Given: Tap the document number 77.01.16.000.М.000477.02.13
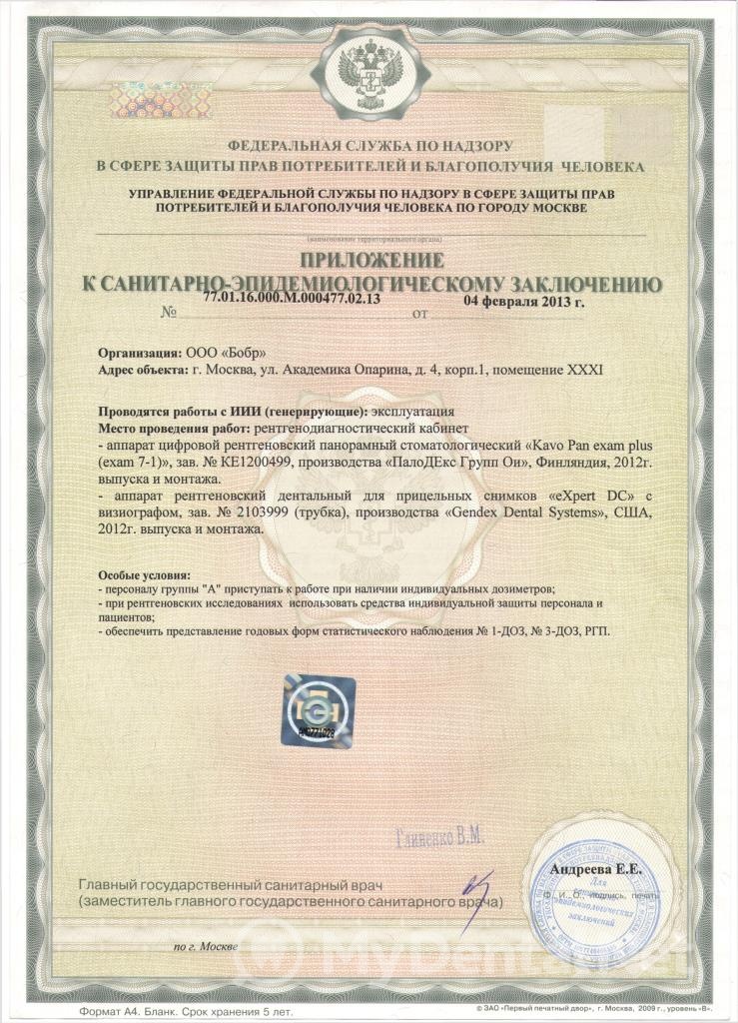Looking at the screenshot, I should [x=292, y=299].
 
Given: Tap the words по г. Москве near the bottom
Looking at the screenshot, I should [x=206, y=945].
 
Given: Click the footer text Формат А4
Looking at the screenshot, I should [x=102, y=1011].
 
